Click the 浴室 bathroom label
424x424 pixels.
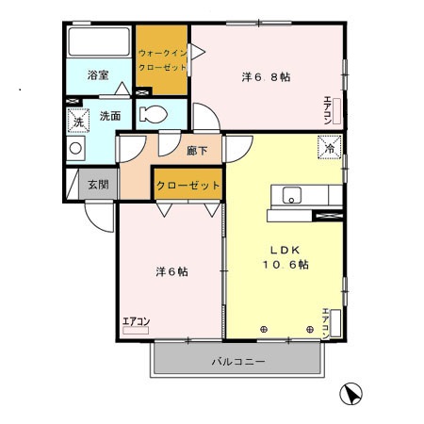click(x=98, y=74)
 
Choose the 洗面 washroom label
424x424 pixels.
click(x=109, y=117)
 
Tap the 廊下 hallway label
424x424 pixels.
click(x=196, y=150)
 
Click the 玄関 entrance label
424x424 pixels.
click(x=98, y=185)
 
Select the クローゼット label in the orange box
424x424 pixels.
click(x=188, y=186)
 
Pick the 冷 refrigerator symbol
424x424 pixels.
click(x=330, y=148)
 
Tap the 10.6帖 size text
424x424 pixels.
click(x=286, y=265)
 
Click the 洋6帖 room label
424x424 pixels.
click(x=171, y=271)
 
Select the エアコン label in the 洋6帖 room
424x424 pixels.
click(x=136, y=322)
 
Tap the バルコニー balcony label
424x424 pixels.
click(x=237, y=362)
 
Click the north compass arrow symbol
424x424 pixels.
click(x=351, y=395)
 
